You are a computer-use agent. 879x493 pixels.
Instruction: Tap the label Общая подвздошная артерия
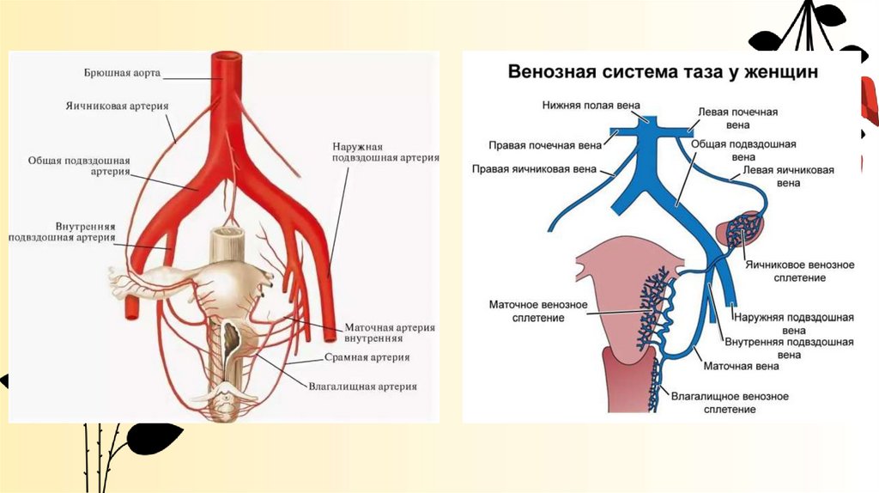click(x=79, y=166)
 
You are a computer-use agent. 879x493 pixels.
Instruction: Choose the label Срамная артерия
click(x=367, y=357)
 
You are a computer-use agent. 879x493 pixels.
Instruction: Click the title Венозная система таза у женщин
click(x=663, y=72)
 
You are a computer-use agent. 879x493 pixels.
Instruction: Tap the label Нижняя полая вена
click(x=591, y=105)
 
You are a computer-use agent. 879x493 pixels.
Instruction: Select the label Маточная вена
click(x=741, y=367)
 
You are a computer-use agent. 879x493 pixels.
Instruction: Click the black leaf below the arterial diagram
click(x=153, y=437)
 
